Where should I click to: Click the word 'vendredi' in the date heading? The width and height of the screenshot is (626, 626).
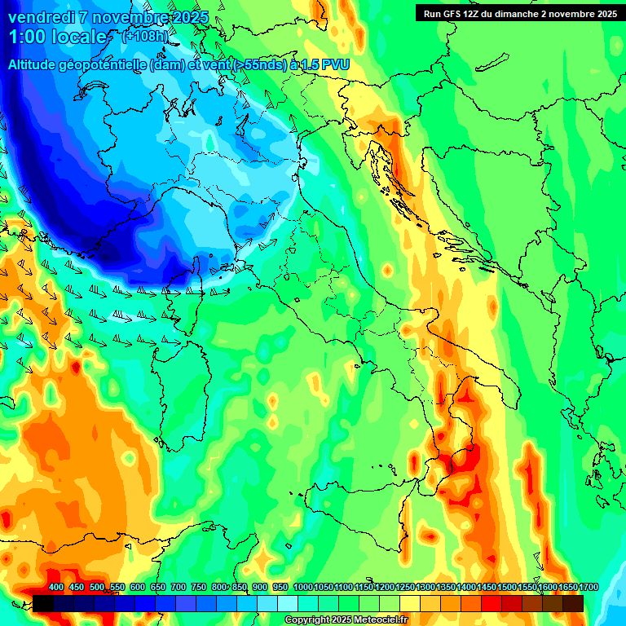coord(40,17)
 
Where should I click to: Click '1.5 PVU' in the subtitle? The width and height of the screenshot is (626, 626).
coord(326,64)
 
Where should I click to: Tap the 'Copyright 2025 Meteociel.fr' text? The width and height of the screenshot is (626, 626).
coord(346,620)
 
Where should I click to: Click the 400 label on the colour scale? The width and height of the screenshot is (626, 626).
coord(56,588)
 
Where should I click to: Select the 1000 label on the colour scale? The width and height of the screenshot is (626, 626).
coord(302,588)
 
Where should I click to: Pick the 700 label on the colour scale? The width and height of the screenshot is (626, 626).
coord(179,588)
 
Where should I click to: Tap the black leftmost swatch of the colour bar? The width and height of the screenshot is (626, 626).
coord(44,603)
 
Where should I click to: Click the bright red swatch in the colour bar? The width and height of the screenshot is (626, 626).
coord(492,603)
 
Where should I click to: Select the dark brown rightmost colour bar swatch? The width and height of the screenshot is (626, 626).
coord(573,603)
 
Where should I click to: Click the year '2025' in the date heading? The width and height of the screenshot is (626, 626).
coord(187,17)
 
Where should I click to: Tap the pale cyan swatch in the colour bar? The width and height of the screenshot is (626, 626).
coord(288,603)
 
